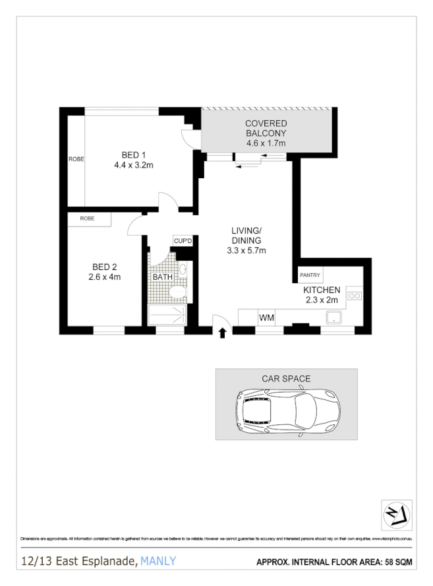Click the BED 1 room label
pyautogui.click(x=134, y=155)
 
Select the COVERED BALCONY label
pyautogui.click(x=266, y=128)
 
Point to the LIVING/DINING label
pyautogui.click(x=246, y=236)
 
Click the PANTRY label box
pyautogui.click(x=310, y=275)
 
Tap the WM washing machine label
pyautogui.click(x=266, y=318)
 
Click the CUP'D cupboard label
pyautogui.click(x=183, y=241)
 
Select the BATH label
pyautogui.click(x=162, y=277)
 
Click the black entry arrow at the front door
pyautogui.click(x=221, y=333)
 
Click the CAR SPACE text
pyautogui.click(x=286, y=379)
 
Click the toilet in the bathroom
pyautogui.click(x=177, y=292)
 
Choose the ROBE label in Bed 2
pyautogui.click(x=87, y=218)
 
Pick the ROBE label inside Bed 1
pyautogui.click(x=76, y=159)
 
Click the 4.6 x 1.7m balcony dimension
pyautogui.click(x=266, y=143)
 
